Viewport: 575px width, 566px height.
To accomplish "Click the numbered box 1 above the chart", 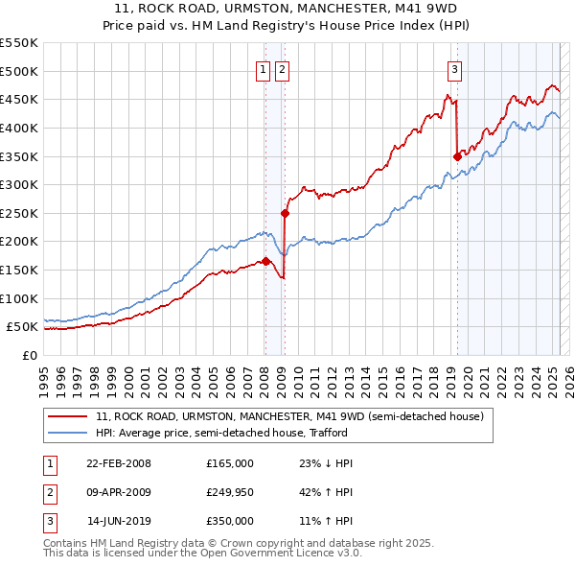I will click(x=263, y=68).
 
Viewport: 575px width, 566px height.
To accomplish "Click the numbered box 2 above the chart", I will click(x=283, y=68).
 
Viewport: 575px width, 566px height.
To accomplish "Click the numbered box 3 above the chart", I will click(x=454, y=68).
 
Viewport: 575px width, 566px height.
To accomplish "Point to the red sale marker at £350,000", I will click(x=457, y=155).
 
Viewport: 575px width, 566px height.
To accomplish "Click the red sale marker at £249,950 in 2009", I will click(x=286, y=213).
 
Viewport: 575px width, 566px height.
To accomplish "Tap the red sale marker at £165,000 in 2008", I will click(x=265, y=261).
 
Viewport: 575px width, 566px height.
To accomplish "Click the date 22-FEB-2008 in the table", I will click(x=119, y=463).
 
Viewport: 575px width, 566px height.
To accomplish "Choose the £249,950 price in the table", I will click(x=230, y=492).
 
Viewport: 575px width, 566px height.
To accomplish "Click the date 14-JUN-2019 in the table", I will click(x=119, y=521).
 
